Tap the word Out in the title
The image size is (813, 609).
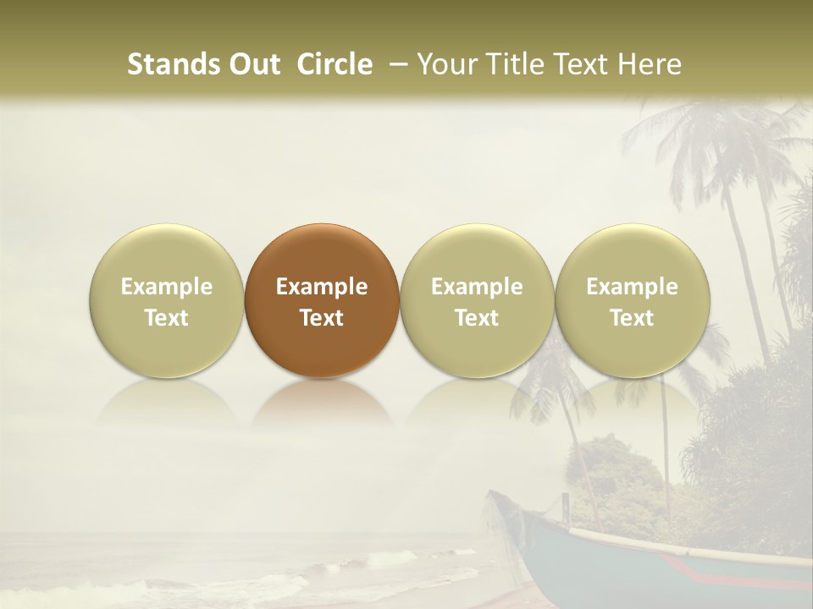click(x=252, y=65)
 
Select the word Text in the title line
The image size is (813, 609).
click(x=585, y=65)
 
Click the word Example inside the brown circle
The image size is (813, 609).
click(x=322, y=287)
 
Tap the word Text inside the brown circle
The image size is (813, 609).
click(x=322, y=318)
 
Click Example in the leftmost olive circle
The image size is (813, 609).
click(x=167, y=287)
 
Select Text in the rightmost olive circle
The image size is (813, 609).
click(x=632, y=318)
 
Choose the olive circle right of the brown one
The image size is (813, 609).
click(x=477, y=300)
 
